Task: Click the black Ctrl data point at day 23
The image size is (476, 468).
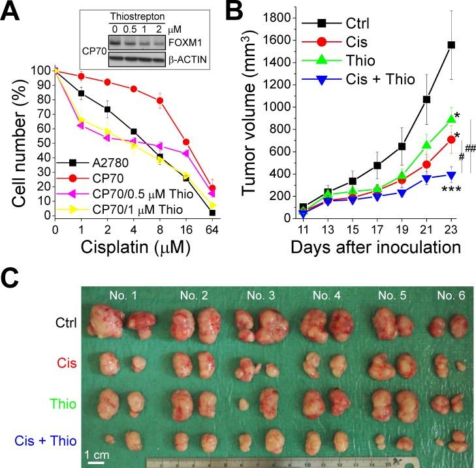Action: (x=451, y=45)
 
